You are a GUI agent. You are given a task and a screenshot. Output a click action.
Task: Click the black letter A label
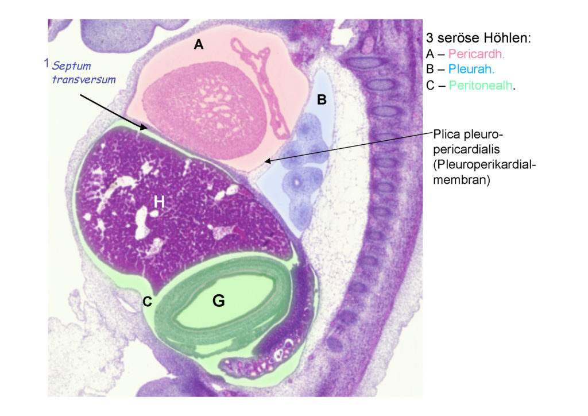coord(198,45)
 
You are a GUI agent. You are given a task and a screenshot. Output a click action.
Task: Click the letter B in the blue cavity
coord(322,100)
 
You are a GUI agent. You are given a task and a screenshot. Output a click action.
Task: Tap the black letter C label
coord(148,301)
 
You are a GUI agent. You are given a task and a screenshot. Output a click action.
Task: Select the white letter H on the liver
coord(159,202)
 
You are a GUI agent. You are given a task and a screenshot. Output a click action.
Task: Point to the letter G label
coord(219,301)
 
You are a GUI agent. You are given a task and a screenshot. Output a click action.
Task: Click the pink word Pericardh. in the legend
coord(476,54)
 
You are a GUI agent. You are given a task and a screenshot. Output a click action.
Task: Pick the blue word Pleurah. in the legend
coord(471,70)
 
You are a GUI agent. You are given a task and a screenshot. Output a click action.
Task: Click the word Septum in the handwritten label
coord(71,66)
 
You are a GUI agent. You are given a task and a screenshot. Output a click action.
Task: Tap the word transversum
coord(84,79)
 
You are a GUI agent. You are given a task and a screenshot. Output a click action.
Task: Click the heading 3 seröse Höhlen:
coord(478,38)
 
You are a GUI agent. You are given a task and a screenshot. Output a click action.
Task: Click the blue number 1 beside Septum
coord(47,63)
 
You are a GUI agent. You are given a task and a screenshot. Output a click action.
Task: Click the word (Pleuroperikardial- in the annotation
coord(485,165)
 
